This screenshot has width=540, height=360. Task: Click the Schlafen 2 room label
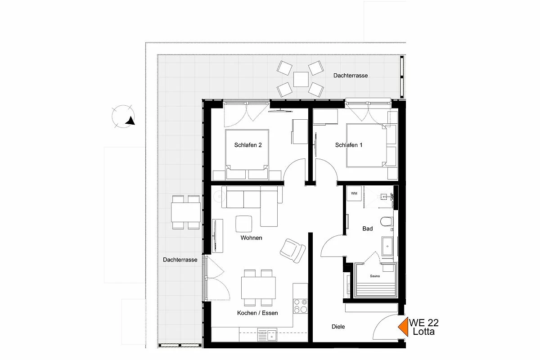click(248, 145)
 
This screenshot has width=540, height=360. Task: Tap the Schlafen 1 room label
click(349, 145)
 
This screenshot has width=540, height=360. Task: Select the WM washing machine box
click(354, 193)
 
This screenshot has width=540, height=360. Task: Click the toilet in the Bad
click(387, 221)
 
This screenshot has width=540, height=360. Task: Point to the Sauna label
click(375, 276)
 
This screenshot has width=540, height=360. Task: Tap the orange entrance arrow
click(403, 327)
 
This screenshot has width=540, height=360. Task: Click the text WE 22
click(423, 323)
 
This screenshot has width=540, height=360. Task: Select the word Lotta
click(423, 332)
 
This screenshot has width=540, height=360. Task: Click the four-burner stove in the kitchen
click(301, 306)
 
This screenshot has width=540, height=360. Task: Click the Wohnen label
click(251, 238)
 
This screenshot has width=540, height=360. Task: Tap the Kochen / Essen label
click(257, 313)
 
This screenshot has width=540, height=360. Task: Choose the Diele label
click(338, 327)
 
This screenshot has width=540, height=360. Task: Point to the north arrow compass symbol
click(123, 117)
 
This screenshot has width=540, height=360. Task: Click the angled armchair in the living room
click(292, 251)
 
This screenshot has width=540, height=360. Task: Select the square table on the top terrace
click(301, 79)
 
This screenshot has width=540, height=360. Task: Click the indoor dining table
click(258, 288)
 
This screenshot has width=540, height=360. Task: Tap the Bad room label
click(368, 229)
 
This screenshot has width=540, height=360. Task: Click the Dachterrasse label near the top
click(351, 76)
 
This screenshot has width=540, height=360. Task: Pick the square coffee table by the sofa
click(244, 224)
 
